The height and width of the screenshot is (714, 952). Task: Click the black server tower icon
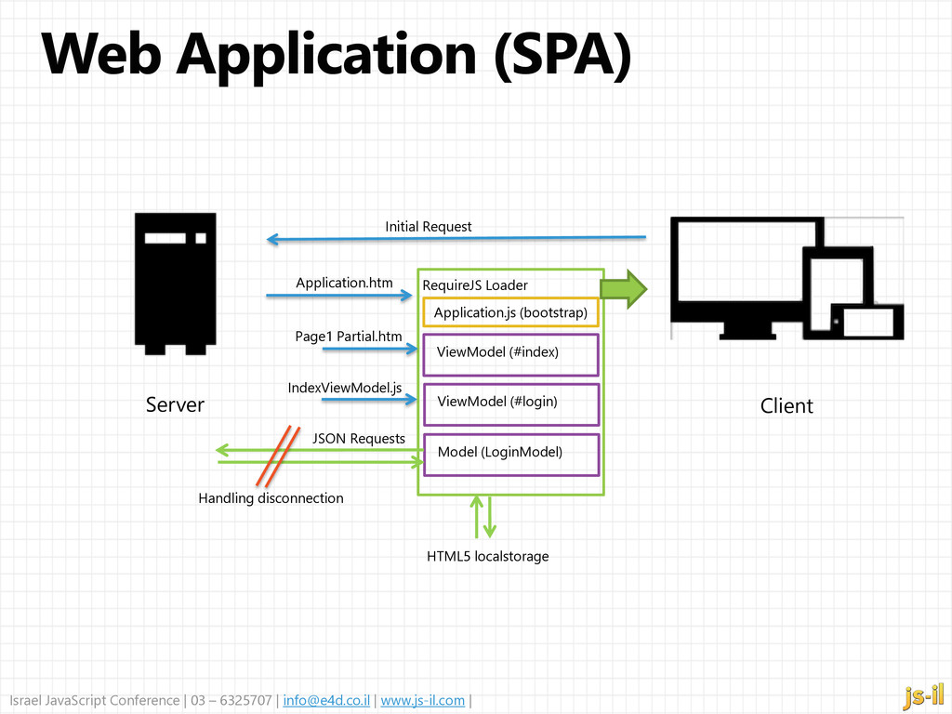tap(176, 284)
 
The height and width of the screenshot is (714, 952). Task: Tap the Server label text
tap(175, 405)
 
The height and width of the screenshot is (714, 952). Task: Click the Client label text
tap(787, 405)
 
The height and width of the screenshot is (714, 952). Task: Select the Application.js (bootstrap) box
tap(510, 312)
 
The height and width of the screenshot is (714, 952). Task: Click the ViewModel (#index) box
tap(510, 354)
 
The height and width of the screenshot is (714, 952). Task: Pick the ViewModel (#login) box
tap(510, 404)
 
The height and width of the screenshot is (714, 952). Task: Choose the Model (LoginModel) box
tap(510, 455)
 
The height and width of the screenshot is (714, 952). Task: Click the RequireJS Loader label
tap(475, 285)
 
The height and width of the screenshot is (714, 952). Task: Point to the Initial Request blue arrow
tap(456, 238)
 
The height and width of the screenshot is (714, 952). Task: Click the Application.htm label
tap(344, 283)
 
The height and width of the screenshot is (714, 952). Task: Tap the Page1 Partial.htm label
tap(349, 337)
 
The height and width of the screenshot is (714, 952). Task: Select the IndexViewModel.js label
tap(345, 388)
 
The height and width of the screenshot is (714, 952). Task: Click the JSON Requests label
tap(359, 439)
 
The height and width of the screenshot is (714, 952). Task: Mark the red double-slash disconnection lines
tap(278, 456)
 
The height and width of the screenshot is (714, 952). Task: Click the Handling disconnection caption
tap(271, 498)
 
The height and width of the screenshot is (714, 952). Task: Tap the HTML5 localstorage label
tap(487, 556)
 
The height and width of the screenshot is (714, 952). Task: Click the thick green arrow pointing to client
tap(624, 289)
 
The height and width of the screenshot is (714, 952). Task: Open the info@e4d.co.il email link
tap(326, 700)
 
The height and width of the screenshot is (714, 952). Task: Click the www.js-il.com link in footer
tap(423, 700)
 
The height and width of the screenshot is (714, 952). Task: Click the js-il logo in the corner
tap(923, 695)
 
